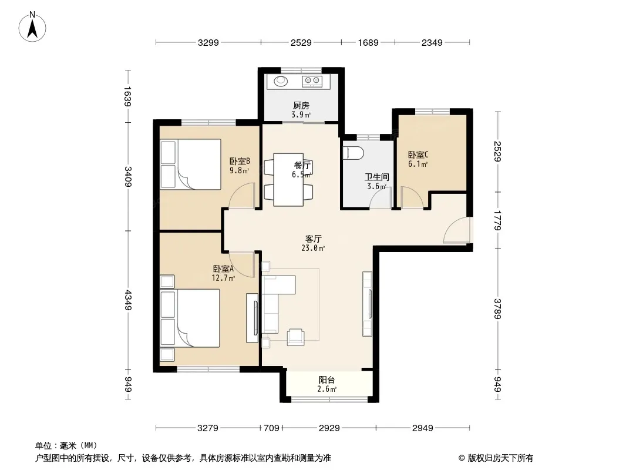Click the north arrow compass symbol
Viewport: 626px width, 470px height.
32,27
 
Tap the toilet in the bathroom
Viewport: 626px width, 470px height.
354,153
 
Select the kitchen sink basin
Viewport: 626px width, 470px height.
281,81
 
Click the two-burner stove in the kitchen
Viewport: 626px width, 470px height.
312,81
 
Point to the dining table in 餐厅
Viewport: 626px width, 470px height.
288,180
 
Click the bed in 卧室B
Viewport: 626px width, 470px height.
190,164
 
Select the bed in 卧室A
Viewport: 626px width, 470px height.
190,318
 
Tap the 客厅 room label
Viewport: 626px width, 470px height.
314,239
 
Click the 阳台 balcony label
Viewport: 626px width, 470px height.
327,380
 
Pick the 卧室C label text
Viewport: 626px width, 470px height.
418,155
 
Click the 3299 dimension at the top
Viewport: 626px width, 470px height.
208,42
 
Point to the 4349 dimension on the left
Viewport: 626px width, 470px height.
128,300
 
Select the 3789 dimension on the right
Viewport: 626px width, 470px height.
497,308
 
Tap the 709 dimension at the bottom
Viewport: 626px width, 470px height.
271,428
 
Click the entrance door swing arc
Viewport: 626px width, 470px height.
456,229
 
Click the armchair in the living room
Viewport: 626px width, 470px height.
295,337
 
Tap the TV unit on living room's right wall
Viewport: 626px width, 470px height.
367,304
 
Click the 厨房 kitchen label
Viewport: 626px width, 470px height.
301,105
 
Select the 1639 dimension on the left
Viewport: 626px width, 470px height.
128,96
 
